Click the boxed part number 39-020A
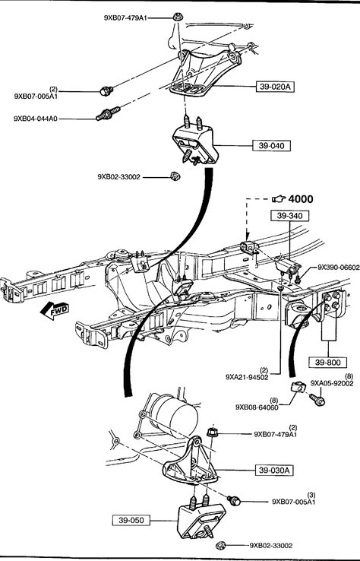click(275, 87)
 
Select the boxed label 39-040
click(271, 145)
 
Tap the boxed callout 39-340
click(289, 216)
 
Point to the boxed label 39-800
click(328, 363)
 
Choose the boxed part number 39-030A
click(274, 470)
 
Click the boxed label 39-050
click(131, 520)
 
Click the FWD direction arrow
click(55, 310)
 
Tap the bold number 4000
click(300, 199)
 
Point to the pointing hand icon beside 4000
click(279, 198)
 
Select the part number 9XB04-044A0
click(36, 119)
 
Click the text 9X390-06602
click(339, 268)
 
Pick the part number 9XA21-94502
click(247, 377)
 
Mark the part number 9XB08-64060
click(257, 407)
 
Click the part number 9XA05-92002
click(332, 384)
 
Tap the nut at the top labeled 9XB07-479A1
click(177, 17)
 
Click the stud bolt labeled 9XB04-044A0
click(109, 113)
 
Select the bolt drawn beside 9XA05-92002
click(317, 399)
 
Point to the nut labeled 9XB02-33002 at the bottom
click(221, 546)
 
